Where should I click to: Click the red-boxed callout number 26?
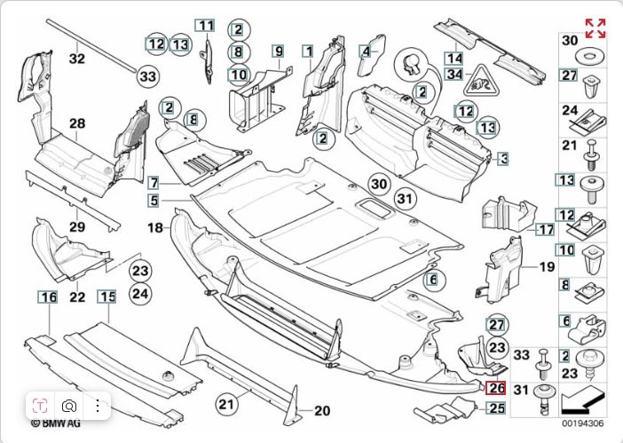pyautogui.click(x=496, y=387)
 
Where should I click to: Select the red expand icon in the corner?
pyautogui.click(x=595, y=28)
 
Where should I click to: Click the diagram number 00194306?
pyautogui.click(x=582, y=423)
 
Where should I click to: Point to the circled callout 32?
pyautogui.click(x=77, y=59)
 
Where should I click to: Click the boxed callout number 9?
pyautogui.click(x=278, y=52)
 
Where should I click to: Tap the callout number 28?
pyautogui.click(x=77, y=124)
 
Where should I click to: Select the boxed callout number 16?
pyautogui.click(x=47, y=297)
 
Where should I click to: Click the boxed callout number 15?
pyautogui.click(x=106, y=297)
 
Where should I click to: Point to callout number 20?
pyautogui.click(x=321, y=410)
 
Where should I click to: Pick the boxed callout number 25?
pyautogui.click(x=496, y=408)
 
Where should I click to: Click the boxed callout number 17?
pyautogui.click(x=545, y=228)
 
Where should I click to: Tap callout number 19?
pyautogui.click(x=546, y=265)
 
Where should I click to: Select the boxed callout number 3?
pyautogui.click(x=503, y=159)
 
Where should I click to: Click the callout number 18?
pyautogui.click(x=156, y=228)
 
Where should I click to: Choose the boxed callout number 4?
pyautogui.click(x=365, y=52)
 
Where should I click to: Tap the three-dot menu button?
pyautogui.click(x=97, y=407)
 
